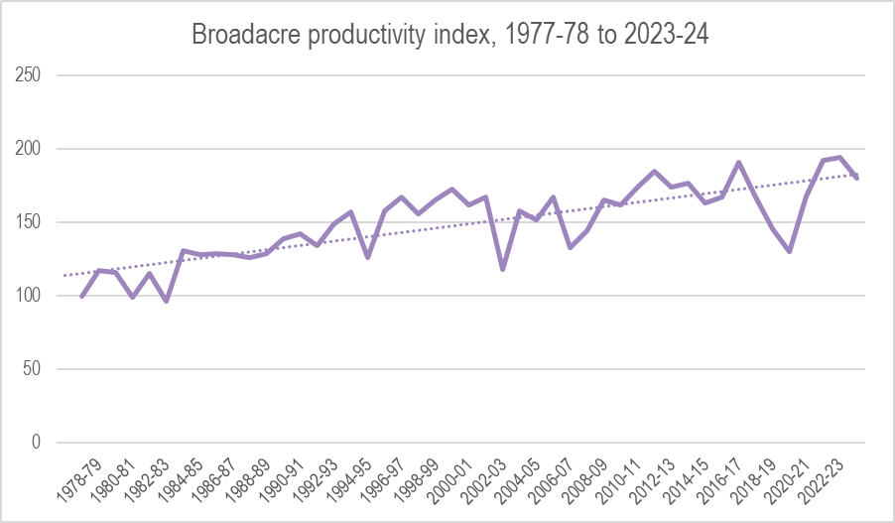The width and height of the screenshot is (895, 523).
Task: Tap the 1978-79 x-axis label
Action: coord(78,478)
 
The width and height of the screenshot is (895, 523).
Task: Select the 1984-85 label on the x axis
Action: coord(179,478)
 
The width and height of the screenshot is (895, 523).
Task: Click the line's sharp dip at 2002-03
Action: coord(503,269)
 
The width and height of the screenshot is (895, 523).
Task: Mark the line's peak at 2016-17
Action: coord(738,163)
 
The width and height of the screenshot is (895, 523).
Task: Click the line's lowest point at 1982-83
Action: coord(167,301)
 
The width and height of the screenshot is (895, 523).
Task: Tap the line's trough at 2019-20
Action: coord(789,251)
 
